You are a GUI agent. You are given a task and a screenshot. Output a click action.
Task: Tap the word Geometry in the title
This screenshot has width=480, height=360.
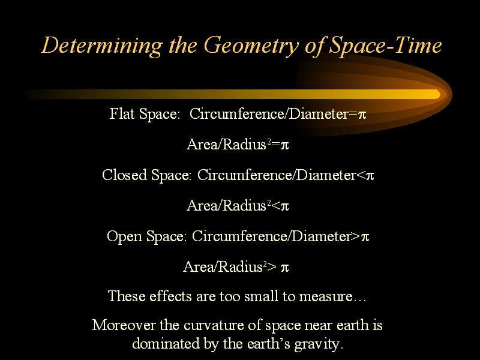click(x=251, y=46)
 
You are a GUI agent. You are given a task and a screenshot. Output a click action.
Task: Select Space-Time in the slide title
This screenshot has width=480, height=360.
click(x=385, y=46)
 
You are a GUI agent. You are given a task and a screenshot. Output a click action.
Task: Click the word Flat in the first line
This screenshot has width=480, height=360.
click(x=122, y=113)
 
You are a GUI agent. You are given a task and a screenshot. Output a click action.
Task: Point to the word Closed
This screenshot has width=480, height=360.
click(x=124, y=175)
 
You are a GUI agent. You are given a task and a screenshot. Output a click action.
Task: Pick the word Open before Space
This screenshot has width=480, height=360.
click(x=124, y=236)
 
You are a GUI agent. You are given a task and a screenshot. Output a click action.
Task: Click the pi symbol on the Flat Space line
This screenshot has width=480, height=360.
click(x=362, y=115)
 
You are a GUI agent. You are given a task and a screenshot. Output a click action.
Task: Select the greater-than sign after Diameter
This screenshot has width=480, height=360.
click(x=356, y=236)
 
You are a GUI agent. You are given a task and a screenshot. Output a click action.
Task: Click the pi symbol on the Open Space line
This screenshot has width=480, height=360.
click(x=365, y=237)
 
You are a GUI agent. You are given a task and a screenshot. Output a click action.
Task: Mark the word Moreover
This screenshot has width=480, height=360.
click(x=124, y=325)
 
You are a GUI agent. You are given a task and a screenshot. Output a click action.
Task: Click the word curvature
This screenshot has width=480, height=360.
click(x=214, y=325)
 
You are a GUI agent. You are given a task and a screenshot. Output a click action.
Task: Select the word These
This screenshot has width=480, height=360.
click(x=127, y=296)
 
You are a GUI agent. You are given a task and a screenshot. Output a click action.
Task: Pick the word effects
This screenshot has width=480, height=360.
click(x=170, y=296)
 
